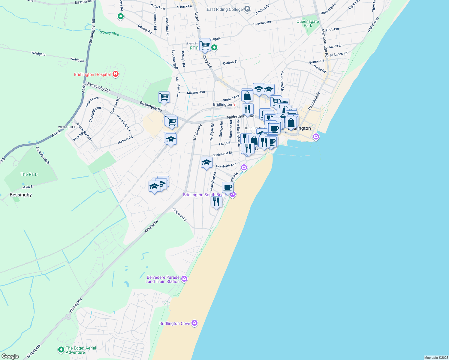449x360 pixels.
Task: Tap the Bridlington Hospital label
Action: point(92,74)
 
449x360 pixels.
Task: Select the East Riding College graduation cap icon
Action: point(247,9)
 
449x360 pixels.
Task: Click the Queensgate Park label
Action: point(308,23)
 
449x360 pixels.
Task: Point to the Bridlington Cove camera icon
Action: point(194,323)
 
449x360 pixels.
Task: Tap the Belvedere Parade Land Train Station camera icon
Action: point(184,279)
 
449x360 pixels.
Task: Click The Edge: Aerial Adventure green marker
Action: point(61,350)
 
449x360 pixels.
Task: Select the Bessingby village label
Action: point(21,195)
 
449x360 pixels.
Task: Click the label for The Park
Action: point(29,174)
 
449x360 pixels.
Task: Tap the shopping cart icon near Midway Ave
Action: point(164,97)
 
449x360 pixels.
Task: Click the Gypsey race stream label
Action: point(109,32)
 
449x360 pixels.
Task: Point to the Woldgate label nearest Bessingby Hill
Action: point(77,60)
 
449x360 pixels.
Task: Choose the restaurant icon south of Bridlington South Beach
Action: point(216,202)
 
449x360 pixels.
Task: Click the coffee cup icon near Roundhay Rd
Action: point(228,187)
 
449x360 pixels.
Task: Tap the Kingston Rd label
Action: point(180,215)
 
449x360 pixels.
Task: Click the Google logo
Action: point(10,356)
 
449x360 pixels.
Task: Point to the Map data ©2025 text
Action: point(435,358)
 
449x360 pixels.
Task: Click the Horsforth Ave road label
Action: point(226,166)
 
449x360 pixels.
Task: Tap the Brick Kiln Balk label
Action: point(43,155)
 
